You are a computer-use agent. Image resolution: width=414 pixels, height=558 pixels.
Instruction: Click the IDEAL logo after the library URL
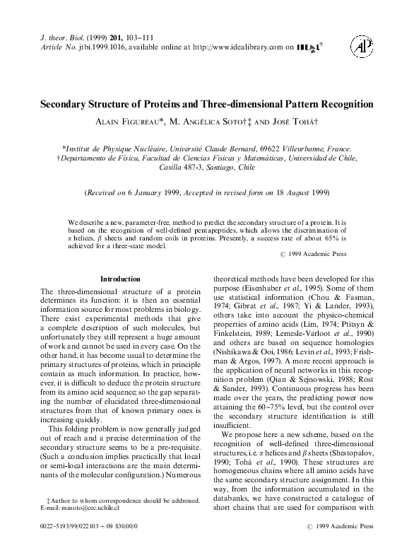(x=309, y=47)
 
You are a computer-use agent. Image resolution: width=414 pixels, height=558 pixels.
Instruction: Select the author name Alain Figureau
(x=129, y=122)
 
